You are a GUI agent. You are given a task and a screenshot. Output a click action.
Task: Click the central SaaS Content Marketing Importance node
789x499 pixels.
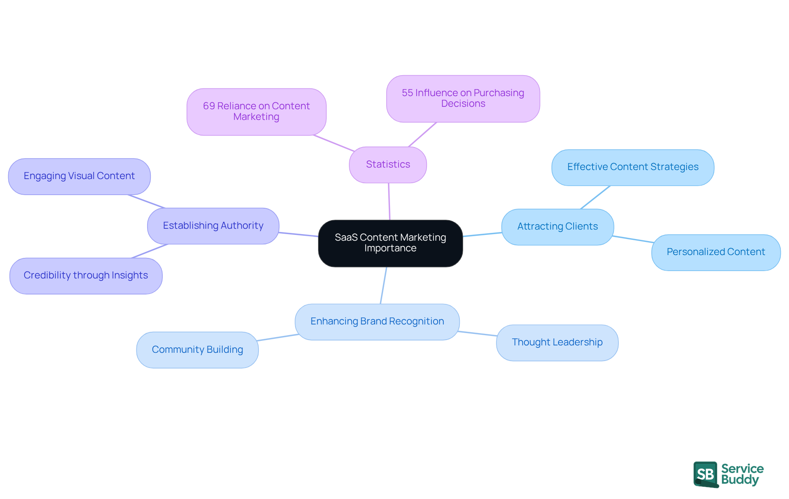tap(390, 243)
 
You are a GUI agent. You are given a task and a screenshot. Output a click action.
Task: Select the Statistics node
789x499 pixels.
tap(388, 165)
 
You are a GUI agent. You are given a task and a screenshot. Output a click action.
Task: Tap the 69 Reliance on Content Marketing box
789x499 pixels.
tap(256, 112)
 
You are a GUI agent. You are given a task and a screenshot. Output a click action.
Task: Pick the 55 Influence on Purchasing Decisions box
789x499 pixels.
tap(463, 99)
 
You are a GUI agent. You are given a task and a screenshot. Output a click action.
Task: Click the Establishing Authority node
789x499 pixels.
tap(213, 226)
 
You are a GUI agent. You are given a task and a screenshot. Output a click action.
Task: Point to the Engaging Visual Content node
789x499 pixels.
tap(79, 176)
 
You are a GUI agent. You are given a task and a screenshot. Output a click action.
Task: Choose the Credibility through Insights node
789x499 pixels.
tap(85, 276)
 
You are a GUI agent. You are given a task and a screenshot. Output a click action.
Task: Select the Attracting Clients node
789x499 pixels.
tap(557, 227)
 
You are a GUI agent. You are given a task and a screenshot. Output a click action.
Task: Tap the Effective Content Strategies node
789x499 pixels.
tap(632, 167)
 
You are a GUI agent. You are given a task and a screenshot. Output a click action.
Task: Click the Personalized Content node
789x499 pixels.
tap(715, 252)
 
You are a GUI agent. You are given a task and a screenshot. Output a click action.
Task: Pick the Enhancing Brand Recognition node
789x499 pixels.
tap(377, 322)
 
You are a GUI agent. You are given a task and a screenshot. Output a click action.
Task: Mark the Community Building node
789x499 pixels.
tap(197, 350)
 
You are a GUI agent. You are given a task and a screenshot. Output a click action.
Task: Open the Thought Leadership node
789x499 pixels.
tap(557, 343)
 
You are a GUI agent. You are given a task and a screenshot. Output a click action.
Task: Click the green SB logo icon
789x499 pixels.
tap(705, 474)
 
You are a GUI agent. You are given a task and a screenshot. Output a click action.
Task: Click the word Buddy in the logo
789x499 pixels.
tap(740, 480)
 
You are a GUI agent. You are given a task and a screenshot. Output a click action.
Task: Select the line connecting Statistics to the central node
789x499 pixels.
tap(389, 201)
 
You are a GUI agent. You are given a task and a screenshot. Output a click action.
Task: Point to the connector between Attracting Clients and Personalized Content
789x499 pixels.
tap(633, 239)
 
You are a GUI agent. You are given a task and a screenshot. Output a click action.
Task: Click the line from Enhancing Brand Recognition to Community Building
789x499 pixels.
tap(278, 338)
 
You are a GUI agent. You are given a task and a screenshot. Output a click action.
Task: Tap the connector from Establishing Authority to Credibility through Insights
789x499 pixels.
tap(150, 251)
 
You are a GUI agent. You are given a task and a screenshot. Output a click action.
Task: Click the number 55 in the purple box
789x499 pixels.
tap(407, 93)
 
